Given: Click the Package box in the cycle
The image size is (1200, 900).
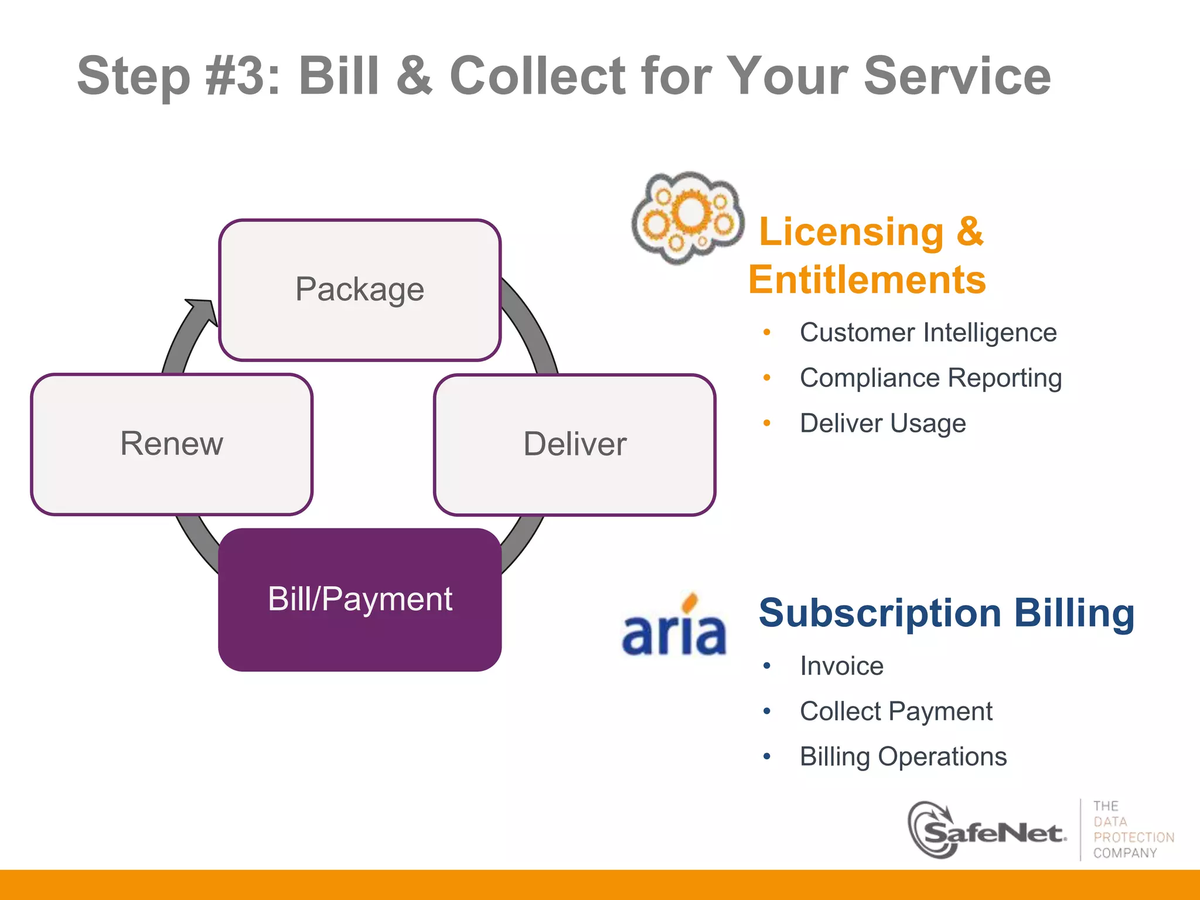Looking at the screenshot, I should [360, 290].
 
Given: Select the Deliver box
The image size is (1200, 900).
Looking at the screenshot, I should [574, 445].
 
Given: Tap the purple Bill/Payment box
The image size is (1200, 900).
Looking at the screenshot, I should [360, 599].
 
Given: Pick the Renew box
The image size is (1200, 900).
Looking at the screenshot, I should [172, 444].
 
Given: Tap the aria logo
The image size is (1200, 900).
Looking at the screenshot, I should [674, 627].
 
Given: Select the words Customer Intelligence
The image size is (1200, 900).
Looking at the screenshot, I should [928, 333].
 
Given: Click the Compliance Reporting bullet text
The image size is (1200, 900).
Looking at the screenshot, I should [930, 378].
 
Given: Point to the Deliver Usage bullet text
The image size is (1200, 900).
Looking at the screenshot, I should [882, 423].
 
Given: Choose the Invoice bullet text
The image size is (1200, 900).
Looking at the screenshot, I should [841, 666].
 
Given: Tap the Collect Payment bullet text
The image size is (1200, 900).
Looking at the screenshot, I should [896, 711].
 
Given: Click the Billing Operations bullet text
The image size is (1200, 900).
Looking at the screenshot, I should [903, 756].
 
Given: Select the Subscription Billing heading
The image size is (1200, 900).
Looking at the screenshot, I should [946, 613].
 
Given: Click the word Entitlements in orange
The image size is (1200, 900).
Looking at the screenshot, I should [867, 279].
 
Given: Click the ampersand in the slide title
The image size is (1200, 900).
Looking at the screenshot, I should [414, 76].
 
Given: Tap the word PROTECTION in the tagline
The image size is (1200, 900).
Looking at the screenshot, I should [1133, 837].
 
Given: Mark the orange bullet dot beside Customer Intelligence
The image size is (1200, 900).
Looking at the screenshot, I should [767, 333].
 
